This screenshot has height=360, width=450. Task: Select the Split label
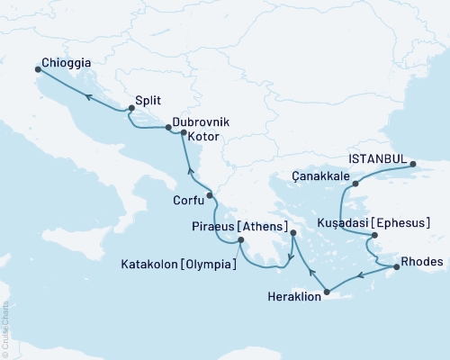tap(149, 102)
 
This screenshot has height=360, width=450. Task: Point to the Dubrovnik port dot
tap(168, 128)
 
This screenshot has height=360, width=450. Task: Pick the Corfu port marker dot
tap(209, 195)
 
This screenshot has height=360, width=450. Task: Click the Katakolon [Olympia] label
tap(179, 265)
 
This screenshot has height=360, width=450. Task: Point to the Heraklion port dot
tap(328, 292)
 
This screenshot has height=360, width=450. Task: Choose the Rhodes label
tap(423, 262)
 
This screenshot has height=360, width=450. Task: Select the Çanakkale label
tap(321, 177)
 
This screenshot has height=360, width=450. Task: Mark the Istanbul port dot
tap(413, 164)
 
